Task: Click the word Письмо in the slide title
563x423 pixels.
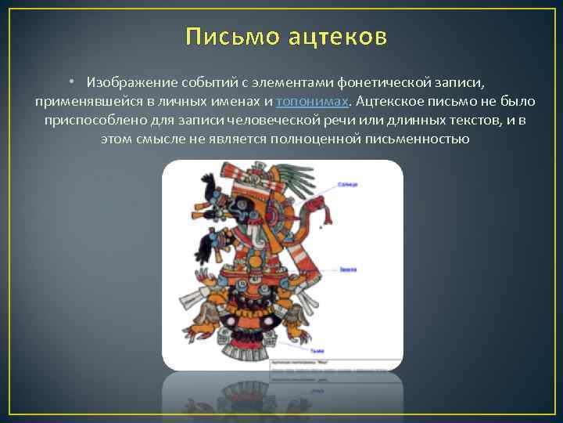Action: (x=226, y=37)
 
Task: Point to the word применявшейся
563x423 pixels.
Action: (x=81, y=101)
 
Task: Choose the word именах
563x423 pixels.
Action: (x=238, y=101)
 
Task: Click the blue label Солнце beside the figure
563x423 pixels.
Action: (x=349, y=185)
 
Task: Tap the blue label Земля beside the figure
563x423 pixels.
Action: (x=349, y=269)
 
